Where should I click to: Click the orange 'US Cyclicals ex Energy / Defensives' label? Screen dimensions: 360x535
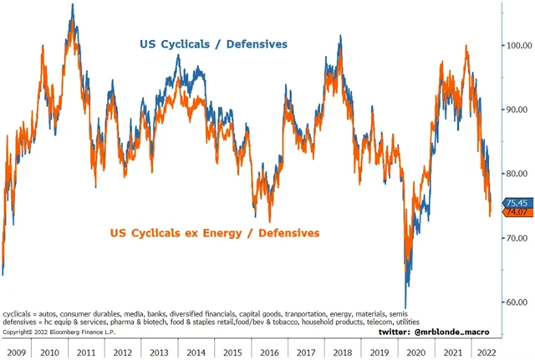[214, 232]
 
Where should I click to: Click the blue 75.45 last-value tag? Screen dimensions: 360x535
[515, 202]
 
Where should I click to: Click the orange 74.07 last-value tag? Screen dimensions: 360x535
[515, 213]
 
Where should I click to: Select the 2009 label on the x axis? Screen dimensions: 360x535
[18, 352]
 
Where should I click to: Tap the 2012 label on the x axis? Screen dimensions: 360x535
[124, 352]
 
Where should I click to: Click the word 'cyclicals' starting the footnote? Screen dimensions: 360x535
[17, 313]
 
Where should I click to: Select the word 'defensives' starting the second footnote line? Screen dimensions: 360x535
[19, 322]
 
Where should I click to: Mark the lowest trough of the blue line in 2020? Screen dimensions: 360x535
[405, 308]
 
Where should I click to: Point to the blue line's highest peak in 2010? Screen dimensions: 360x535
[72, 5]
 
